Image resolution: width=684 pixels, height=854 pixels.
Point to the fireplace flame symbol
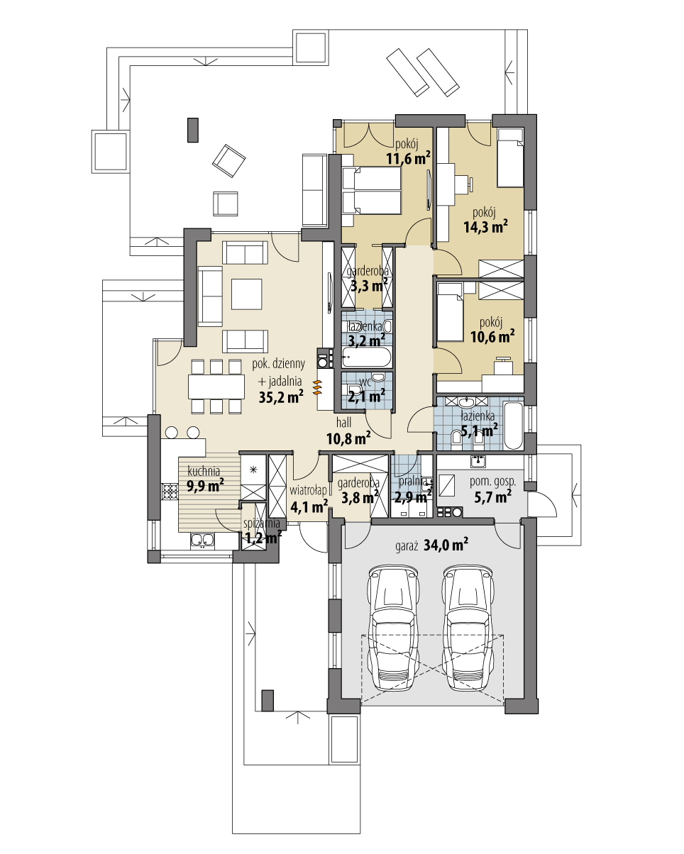point(316,386)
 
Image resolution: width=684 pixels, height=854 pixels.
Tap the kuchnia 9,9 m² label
point(205,479)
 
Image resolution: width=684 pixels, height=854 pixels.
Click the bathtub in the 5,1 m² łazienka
point(513,426)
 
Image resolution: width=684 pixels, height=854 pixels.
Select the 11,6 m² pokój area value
point(408,159)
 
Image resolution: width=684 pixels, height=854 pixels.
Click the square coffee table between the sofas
point(246,292)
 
